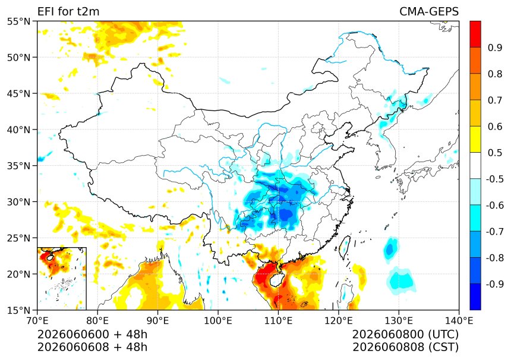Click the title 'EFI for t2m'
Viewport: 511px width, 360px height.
pos(68,12)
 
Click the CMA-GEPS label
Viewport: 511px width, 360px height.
pos(429,12)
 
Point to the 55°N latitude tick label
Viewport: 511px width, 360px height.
pos(18,21)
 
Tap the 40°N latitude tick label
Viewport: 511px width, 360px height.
pos(18,130)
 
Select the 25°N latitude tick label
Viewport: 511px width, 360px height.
pos(18,238)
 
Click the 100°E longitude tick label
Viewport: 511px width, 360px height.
pos(217,321)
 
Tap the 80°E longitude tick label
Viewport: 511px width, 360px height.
pos(97,321)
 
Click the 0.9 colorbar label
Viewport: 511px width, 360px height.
pos(495,48)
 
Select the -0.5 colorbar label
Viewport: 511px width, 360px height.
pos(495,179)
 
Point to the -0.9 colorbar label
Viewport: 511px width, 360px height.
pos(495,284)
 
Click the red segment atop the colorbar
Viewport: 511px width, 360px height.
pos(475,34)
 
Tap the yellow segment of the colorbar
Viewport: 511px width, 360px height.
pos(475,140)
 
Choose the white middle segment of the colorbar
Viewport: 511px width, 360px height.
pos(475,166)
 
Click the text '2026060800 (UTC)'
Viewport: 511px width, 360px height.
pos(405,334)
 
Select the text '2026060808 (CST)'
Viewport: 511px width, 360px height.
pos(405,348)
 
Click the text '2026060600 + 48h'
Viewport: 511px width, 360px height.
pos(92,334)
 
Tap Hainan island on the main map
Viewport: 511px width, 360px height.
pos(276,279)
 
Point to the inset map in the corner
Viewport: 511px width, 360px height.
pos(62,279)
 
